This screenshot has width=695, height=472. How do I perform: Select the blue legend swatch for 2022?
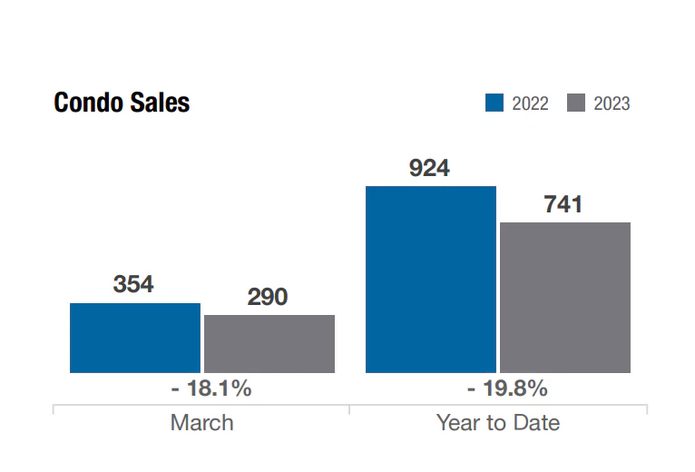494,103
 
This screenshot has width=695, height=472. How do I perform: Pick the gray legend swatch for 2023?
575,103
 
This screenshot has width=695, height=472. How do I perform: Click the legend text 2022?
530,103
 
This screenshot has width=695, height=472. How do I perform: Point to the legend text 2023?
612,103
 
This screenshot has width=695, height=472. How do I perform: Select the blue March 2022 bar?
134,338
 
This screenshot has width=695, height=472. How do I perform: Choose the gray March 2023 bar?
269,343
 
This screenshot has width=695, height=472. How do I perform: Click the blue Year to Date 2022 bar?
430,279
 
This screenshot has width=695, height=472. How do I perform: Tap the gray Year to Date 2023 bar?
564,297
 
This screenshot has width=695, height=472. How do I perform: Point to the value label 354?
133,284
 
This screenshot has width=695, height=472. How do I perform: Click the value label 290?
268,297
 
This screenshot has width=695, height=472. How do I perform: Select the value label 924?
429,168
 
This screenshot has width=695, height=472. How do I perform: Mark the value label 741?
563,204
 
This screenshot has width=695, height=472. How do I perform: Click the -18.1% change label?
210,388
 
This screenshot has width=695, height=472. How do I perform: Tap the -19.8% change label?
507,388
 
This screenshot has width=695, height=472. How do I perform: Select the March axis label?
201,422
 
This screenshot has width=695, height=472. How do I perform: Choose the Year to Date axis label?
497,422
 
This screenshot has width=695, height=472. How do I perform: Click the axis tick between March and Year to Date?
349,409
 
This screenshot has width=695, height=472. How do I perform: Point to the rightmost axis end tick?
646,409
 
